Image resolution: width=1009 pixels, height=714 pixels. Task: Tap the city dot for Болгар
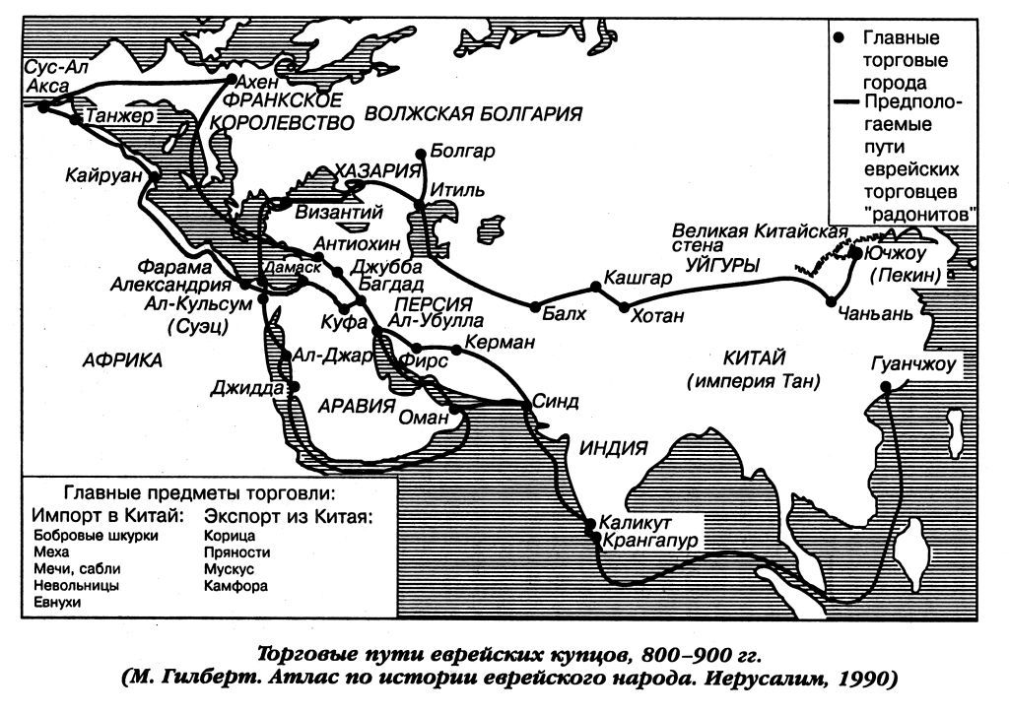point(422,153)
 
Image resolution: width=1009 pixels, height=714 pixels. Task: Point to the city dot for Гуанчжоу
point(886,387)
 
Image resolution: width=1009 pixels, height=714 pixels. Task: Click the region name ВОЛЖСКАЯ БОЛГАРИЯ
point(473,114)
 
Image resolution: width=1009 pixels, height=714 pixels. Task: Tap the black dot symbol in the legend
point(839,37)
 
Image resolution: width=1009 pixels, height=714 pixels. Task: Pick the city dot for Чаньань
point(833,301)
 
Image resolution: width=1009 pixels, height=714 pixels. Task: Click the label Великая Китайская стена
point(760,238)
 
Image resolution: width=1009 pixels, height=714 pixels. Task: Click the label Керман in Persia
point(505,342)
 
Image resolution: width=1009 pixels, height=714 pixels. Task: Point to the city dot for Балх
point(536,306)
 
